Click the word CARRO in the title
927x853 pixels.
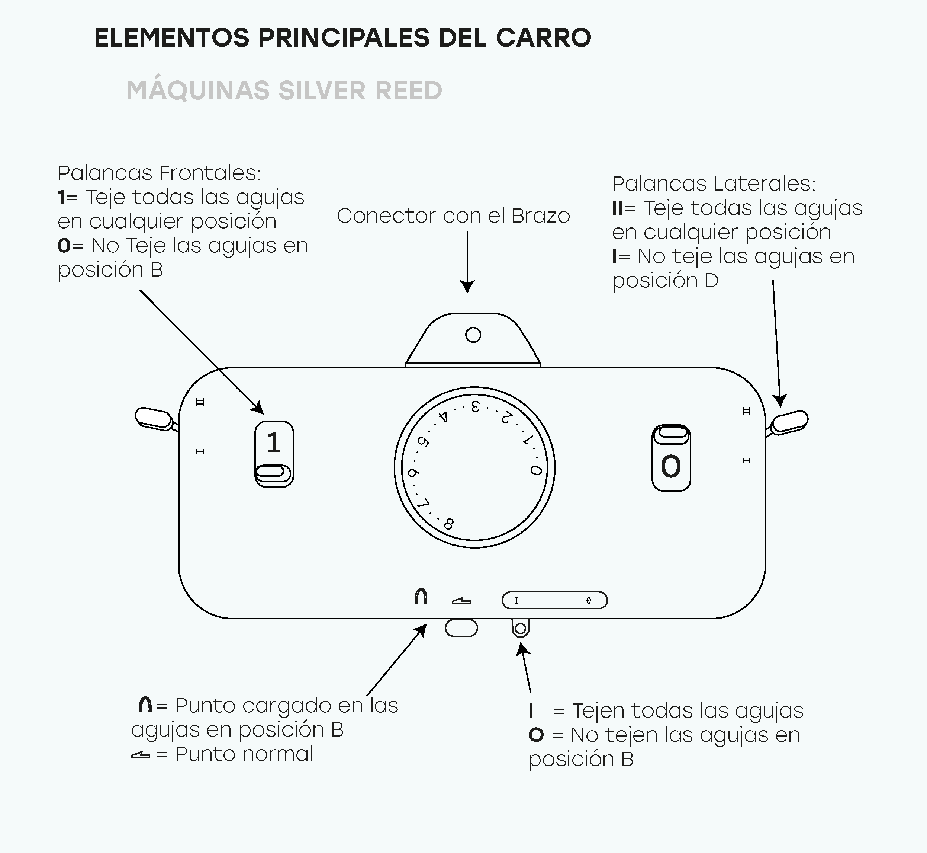[543, 38]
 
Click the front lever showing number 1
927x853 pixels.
[274, 454]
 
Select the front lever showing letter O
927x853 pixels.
[671, 458]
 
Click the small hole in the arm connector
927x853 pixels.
[473, 335]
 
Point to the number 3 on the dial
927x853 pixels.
[476, 407]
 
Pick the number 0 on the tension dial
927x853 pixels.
[535, 470]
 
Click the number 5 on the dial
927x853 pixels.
[423, 442]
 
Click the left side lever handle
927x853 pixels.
[154, 419]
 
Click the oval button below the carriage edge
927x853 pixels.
[461, 628]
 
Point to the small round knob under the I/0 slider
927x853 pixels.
[520, 628]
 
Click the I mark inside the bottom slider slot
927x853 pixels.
[516, 601]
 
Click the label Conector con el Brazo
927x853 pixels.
[453, 216]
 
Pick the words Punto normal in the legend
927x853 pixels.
[244, 754]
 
